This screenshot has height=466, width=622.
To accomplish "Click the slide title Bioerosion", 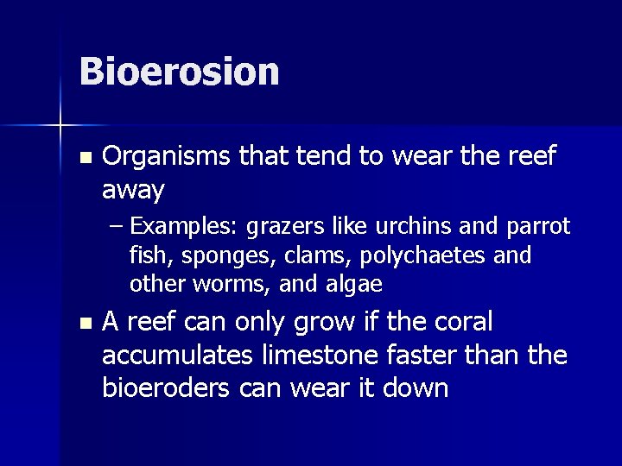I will pyautogui.click(x=179, y=72).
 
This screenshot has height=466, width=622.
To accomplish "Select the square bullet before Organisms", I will pyautogui.click(x=83, y=159).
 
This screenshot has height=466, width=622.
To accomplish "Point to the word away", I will pyautogui.click(x=133, y=189).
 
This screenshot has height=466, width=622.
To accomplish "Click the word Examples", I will pyautogui.click(x=184, y=227).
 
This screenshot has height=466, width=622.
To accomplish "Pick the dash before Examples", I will pyautogui.click(x=118, y=228).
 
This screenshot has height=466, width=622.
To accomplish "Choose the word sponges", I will pyautogui.click(x=205, y=256).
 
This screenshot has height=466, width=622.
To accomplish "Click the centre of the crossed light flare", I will pyautogui.click(x=61, y=127).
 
